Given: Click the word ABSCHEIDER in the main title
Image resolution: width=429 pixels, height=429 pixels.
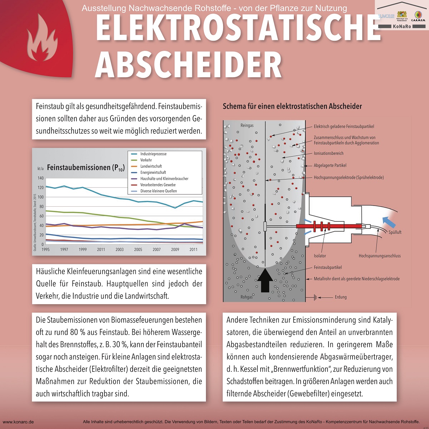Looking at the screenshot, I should (188, 65).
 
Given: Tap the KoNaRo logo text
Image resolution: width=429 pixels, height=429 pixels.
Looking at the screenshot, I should (402, 26).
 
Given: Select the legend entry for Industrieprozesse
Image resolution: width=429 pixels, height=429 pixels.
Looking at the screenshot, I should (153, 154).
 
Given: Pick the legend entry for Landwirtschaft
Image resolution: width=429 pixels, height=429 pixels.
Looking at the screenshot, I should (151, 166).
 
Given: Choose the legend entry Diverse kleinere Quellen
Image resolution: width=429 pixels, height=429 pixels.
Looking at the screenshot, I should (158, 191).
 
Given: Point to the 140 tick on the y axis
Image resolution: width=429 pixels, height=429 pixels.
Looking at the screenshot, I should (40, 178).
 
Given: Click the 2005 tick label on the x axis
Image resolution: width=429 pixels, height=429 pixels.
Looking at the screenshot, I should (138, 250).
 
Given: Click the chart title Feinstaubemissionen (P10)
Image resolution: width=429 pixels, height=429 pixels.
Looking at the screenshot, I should (86, 168).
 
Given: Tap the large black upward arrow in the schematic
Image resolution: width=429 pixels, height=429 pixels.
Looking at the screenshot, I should (265, 281).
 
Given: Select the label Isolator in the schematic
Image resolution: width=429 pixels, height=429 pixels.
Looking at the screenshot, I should (320, 256).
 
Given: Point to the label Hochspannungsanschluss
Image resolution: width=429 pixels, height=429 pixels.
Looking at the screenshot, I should (380, 256).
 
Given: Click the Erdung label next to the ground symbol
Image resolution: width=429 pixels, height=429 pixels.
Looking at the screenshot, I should (341, 297).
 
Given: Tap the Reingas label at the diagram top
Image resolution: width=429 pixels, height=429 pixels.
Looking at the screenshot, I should (247, 125).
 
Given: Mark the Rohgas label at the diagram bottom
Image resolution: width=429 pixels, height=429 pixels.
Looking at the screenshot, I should (247, 297).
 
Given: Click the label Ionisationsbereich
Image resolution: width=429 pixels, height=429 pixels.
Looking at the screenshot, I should (329, 153).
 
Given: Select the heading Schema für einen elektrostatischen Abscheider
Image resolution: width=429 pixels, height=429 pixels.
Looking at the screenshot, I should (292, 106).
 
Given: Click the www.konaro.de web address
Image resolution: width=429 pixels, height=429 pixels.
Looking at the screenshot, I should (18, 422).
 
